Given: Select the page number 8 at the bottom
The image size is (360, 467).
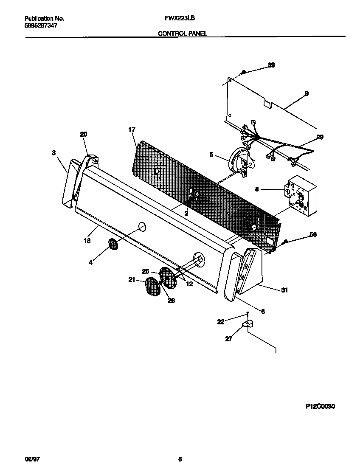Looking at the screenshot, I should (180, 459).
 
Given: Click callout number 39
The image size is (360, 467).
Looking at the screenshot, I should (271, 65).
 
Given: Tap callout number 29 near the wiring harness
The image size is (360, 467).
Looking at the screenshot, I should (320, 137).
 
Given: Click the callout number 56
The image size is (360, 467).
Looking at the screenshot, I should (313, 234).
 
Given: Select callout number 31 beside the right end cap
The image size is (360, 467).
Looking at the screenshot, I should (284, 290).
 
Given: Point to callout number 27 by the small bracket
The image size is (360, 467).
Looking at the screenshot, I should (229, 338).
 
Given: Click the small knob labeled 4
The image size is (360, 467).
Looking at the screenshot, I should (113, 245).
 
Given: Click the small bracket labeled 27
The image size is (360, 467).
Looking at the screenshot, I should (247, 324).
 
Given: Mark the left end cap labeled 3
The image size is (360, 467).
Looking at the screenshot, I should (68, 183).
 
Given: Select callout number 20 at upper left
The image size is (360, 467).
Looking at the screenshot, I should (84, 134).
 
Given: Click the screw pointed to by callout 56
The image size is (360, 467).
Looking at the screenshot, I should (286, 242).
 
